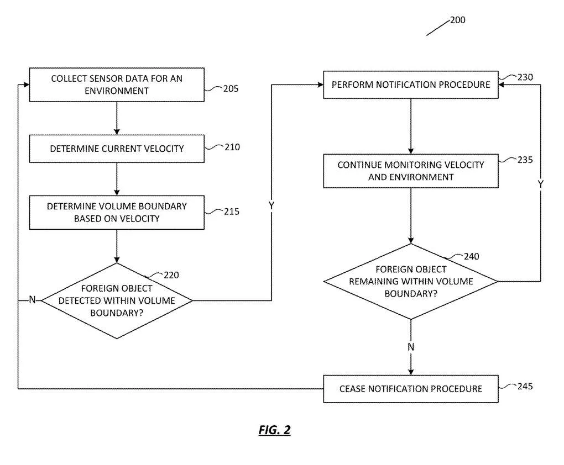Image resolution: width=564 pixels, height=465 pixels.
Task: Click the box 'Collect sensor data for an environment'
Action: tap(117, 84)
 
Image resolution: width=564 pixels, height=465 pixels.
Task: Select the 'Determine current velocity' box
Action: tap(117, 149)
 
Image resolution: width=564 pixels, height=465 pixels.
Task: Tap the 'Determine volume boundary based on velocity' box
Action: tap(117, 213)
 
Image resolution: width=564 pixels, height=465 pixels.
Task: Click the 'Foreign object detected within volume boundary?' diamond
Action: tap(117, 301)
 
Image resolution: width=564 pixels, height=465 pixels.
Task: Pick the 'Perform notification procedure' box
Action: tap(411, 84)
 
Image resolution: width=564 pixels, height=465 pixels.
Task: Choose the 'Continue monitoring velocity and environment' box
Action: tap(411, 171)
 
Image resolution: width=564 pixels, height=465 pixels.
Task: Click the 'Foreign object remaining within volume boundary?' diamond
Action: tap(411, 281)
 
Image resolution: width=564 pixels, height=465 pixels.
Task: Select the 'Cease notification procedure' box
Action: tap(411, 389)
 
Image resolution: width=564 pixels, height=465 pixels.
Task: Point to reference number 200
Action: tap(457, 20)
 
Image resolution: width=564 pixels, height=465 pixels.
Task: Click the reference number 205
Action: tap(231, 88)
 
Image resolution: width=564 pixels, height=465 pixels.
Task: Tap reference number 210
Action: tap(232, 147)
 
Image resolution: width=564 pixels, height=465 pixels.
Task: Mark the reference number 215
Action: tap(232, 212)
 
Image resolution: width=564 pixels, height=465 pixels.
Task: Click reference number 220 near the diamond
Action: tap(171, 275)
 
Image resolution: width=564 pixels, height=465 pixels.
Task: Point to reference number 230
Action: tap(525, 77)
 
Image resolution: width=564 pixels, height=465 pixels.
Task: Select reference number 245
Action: tap(525, 386)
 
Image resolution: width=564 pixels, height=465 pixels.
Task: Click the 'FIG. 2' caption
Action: tap(274, 430)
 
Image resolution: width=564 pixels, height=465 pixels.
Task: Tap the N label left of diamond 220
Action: tap(33, 299)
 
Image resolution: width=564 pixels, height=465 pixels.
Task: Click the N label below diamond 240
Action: tap(411, 347)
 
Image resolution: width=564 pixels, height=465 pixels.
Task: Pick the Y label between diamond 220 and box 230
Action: tap(271, 205)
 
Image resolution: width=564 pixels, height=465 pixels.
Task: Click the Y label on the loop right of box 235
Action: tap(540, 184)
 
